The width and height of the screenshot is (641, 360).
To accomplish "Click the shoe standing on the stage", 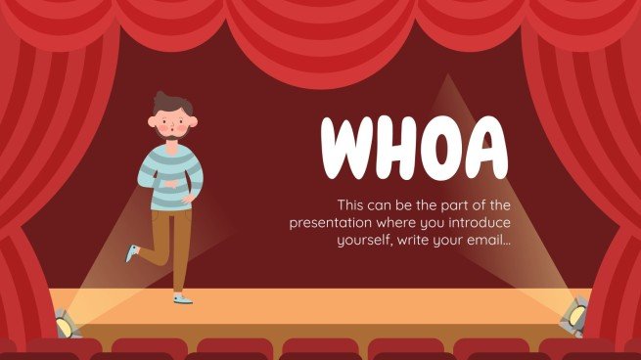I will point(182,296).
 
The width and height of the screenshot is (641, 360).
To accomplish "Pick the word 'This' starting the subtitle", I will point(350,204).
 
